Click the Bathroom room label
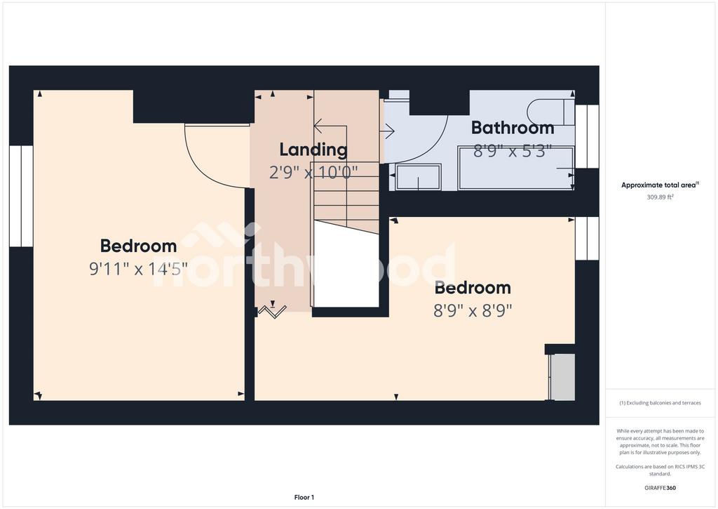[x=513, y=128]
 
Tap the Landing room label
[x=313, y=150]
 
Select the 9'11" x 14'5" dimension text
[x=138, y=268]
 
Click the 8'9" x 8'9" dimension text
[x=473, y=310]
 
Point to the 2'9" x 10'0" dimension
[x=313, y=173]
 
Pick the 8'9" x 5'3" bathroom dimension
[x=512, y=151]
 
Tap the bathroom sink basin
[x=418, y=176]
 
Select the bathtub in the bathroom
[x=515, y=168]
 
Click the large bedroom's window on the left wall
[x=21, y=197]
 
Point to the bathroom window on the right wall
[x=587, y=136]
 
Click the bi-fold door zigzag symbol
[x=272, y=312]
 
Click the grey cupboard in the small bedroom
[x=563, y=377]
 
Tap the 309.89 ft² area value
[x=660, y=197]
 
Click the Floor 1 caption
[x=304, y=497]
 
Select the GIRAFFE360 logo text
[x=660, y=488]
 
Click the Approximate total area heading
[x=660, y=185]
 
